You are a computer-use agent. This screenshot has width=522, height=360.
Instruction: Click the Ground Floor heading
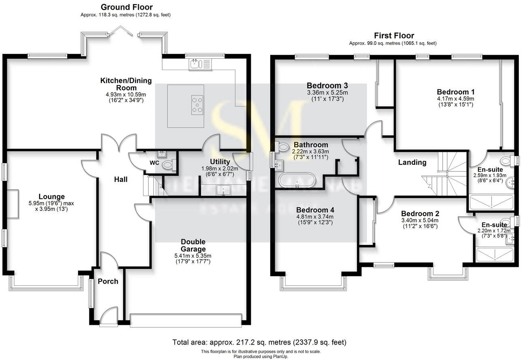point(127,7)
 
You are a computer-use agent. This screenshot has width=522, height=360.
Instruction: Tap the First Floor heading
point(394,36)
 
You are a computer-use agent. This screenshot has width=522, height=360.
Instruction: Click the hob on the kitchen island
point(197,104)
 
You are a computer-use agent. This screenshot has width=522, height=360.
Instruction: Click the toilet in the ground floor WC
point(168,165)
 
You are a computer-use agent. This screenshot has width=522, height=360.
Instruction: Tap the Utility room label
point(220,162)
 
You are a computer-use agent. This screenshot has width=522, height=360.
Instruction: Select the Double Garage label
point(193,245)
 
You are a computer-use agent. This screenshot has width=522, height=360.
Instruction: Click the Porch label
point(108,281)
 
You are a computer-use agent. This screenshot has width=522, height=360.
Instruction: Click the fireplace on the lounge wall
point(13,204)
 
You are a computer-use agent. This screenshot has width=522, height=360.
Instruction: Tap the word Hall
point(121,179)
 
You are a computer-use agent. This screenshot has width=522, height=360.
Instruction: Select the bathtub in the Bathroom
point(297,180)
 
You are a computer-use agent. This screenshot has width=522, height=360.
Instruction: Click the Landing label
point(412,162)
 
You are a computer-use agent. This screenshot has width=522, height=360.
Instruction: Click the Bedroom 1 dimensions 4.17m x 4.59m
point(456,98)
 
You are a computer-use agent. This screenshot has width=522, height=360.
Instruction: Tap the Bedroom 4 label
point(315,210)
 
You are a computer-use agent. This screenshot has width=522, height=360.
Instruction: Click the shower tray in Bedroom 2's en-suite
point(495,255)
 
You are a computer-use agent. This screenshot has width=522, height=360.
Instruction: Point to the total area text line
point(259,342)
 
